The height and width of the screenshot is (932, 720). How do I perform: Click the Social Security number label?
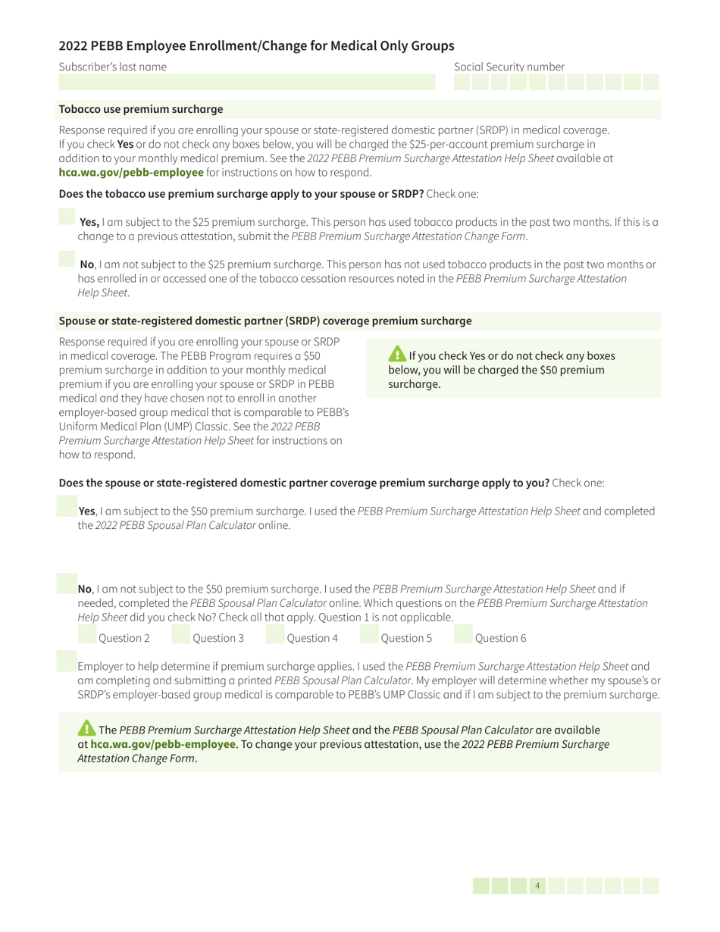coord(509,67)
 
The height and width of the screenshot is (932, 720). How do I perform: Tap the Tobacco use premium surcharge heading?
coord(141,110)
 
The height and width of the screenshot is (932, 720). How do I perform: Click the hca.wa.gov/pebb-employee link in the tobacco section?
coord(131,172)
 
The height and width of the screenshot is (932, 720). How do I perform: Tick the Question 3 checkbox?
coord(181,636)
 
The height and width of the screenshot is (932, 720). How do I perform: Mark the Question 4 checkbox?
coord(275,636)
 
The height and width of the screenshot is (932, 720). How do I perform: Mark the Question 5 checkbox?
coord(368,636)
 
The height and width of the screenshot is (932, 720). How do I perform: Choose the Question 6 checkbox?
coord(462,636)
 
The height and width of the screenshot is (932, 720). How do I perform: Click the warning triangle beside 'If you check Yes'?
coord(397,355)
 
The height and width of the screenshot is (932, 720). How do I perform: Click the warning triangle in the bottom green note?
coord(87,728)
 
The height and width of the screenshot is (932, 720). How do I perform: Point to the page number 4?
coord(537,885)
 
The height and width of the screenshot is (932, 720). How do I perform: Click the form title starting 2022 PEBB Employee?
coord(257,45)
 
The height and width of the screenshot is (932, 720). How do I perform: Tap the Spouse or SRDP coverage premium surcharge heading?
coord(265,321)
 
